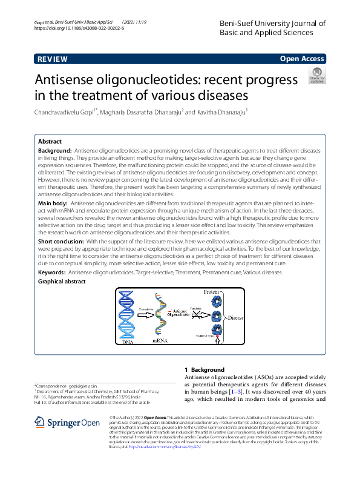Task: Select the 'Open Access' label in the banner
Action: [303, 59]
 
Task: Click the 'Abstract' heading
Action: [50, 141]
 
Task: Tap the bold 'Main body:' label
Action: [54, 204]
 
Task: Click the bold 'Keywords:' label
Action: [53, 273]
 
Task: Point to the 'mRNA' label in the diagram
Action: [160, 342]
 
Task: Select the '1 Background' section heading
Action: [204, 369]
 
